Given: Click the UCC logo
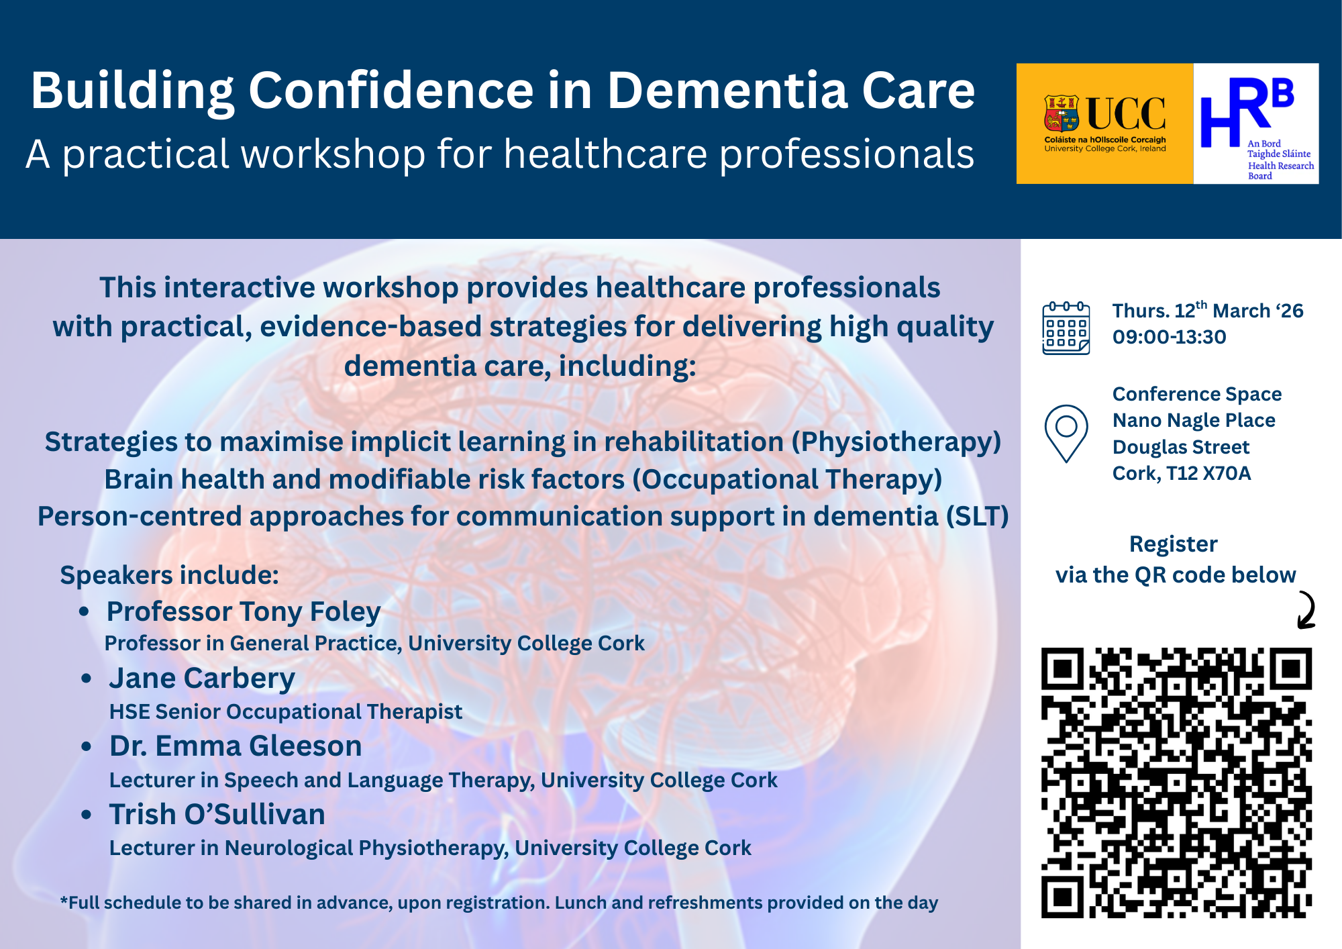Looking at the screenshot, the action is pyautogui.click(x=1104, y=123).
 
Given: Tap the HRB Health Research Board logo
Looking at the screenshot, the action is pyautogui.click(x=1256, y=123).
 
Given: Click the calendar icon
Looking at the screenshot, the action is pyautogui.click(x=1066, y=328).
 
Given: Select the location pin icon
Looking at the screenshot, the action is pyautogui.click(x=1066, y=434).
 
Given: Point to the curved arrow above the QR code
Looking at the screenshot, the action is pyautogui.click(x=1309, y=609).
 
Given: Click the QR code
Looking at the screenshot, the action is pyautogui.click(x=1176, y=783).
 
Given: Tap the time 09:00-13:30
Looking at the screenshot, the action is pyautogui.click(x=1169, y=337).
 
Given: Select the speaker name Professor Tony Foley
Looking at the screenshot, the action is pyautogui.click(x=244, y=612).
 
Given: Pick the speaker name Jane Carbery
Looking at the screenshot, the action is pyautogui.click(x=202, y=679).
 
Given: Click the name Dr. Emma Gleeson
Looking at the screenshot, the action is pyautogui.click(x=236, y=746).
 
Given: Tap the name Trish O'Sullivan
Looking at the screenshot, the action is pyautogui.click(x=217, y=815).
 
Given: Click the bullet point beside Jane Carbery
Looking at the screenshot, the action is pyautogui.click(x=86, y=679).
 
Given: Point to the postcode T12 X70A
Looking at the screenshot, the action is pyautogui.click(x=1208, y=474).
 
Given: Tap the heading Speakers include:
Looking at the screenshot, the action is pyautogui.click(x=169, y=576).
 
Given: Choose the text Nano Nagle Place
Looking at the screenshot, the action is pyautogui.click(x=1194, y=421).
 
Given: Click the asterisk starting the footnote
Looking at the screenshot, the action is pyautogui.click(x=64, y=900).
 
